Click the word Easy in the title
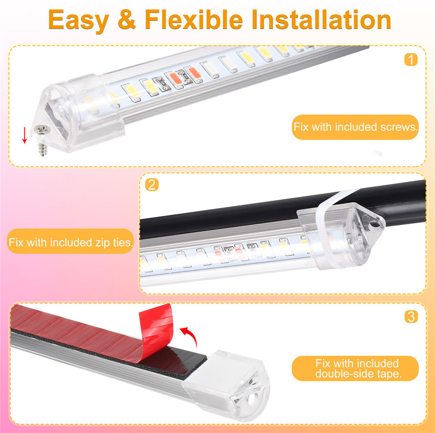point(78,20)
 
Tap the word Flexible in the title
point(194,19)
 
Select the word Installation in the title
point(321,19)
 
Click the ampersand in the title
point(127,19)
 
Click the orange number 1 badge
point(411,60)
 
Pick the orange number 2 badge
point(152,185)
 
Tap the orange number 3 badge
point(411,317)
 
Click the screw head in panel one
point(42,129)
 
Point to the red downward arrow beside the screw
point(25,135)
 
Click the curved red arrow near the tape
point(190,335)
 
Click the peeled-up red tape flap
point(155,333)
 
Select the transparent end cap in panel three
point(226,384)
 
